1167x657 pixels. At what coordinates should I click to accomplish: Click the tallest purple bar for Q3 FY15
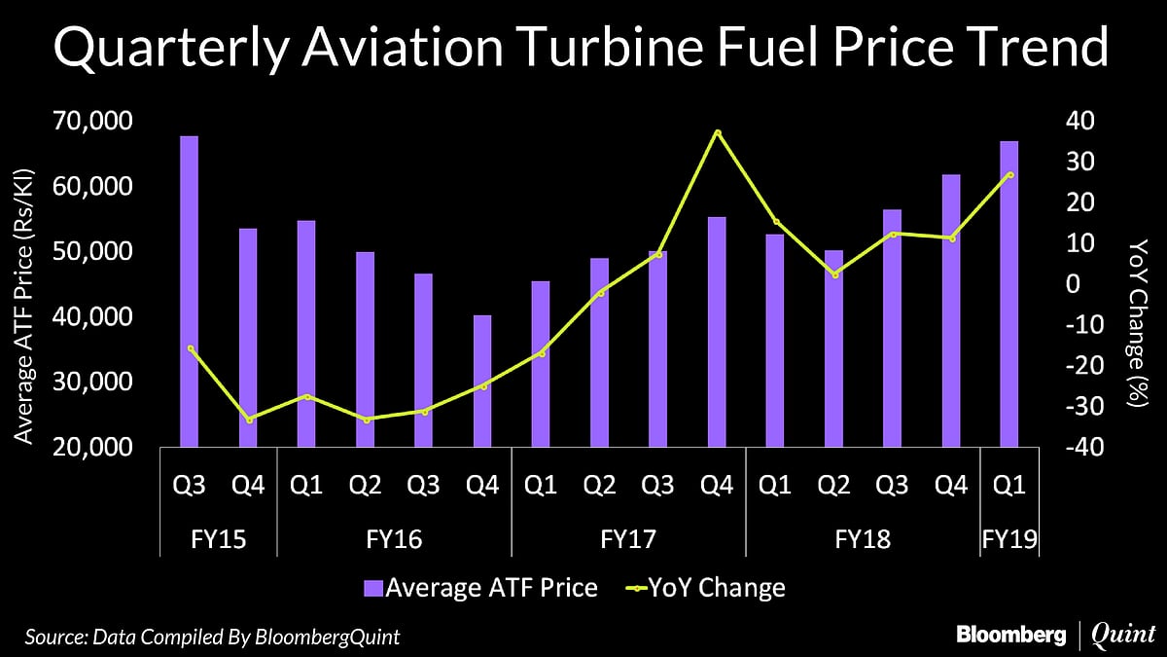[190, 292]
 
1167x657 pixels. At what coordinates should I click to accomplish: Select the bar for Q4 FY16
[482, 382]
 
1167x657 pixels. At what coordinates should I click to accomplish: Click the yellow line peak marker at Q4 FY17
[718, 132]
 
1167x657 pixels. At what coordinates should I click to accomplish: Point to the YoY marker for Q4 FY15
[249, 420]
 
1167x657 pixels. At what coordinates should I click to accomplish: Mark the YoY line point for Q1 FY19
[1010, 174]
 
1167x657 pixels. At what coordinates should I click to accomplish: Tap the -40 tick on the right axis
[1081, 448]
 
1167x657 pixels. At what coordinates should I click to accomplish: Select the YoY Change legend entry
[705, 588]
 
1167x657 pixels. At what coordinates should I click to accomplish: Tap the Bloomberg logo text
[1011, 635]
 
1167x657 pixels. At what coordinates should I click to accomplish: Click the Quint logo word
[1124, 635]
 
